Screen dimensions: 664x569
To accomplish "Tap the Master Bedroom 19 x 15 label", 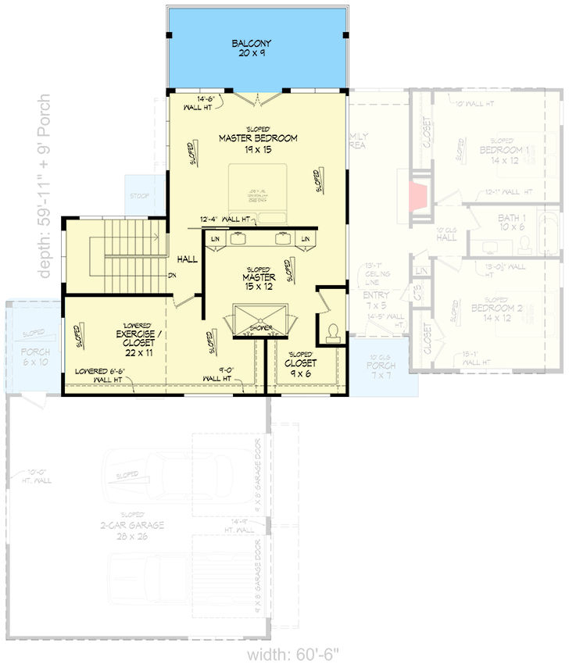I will (258, 143).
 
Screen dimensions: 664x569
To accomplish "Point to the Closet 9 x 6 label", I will (300, 368).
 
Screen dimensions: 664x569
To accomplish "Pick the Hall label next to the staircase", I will (187, 259).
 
